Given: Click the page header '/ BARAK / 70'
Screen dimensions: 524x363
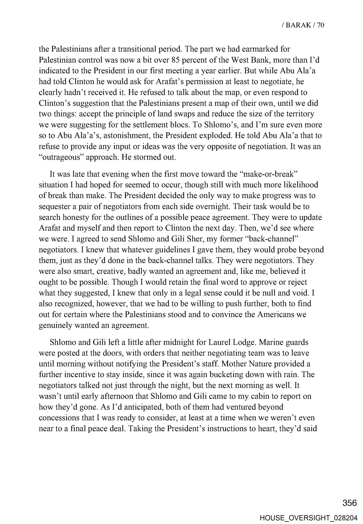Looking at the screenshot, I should [302, 25].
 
